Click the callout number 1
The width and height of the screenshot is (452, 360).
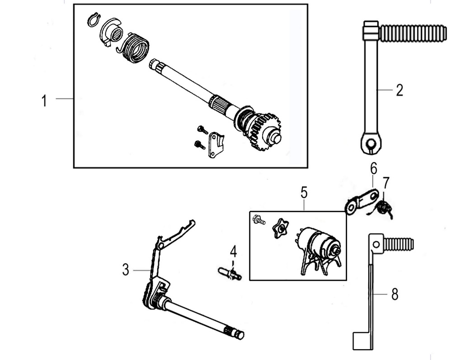(x=44, y=100)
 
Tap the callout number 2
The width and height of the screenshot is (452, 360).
(x=399, y=90)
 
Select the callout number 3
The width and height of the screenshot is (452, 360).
(x=126, y=270)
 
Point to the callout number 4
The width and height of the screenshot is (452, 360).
(x=233, y=251)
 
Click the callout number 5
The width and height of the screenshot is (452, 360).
(x=304, y=192)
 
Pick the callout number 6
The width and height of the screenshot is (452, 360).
(x=373, y=168)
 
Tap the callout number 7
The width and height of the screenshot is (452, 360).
(x=386, y=183)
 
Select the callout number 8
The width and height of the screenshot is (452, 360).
(x=395, y=295)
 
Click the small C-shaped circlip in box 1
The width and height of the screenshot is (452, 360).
(x=93, y=20)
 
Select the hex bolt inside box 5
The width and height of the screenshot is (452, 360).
(x=259, y=220)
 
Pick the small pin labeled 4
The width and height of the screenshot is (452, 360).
(x=230, y=272)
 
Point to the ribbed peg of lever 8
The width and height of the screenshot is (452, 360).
(x=398, y=244)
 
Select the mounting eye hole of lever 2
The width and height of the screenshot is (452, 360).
(x=371, y=144)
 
